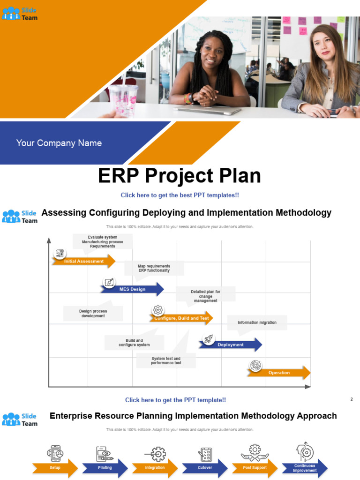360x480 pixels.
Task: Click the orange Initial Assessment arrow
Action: tap(83, 261)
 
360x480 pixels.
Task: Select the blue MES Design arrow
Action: tap(132, 289)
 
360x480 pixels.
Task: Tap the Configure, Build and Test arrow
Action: tap(181, 318)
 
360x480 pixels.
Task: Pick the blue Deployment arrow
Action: tap(230, 345)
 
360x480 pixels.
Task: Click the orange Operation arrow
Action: tap(279, 373)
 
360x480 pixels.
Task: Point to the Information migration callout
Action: tap(257, 322)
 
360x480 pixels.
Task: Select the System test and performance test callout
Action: tap(166, 360)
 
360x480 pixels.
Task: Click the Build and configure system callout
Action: tap(134, 343)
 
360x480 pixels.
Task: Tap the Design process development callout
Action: tap(93, 314)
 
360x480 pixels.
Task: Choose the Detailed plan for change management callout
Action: tap(205, 296)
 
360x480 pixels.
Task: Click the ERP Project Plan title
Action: tap(180, 176)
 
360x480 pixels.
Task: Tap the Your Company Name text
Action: tap(59, 143)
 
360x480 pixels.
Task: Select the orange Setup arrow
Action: tap(55, 468)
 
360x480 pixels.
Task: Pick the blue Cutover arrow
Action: tap(205, 468)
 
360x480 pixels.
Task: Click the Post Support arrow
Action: tap(255, 468)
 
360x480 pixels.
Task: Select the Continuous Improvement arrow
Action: tap(305, 468)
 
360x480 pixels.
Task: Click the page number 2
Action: tap(352, 399)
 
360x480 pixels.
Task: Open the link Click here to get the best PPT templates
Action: tap(180, 195)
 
